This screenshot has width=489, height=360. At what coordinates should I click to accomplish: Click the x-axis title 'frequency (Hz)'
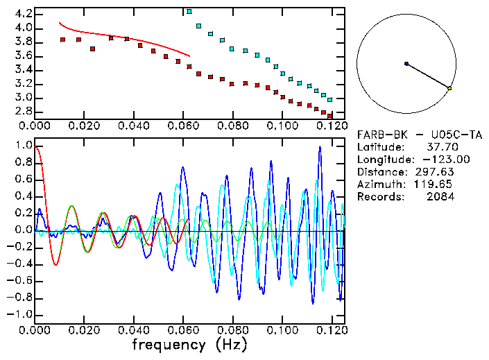tap(189, 345)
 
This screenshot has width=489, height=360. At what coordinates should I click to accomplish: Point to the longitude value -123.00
tap(434, 160)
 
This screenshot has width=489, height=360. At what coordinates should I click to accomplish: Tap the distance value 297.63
tap(437, 172)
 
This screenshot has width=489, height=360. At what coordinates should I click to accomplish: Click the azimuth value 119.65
tap(437, 185)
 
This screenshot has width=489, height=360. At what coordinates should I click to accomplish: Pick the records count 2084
tap(440, 197)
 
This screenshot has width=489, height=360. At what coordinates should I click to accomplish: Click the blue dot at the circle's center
tap(406, 64)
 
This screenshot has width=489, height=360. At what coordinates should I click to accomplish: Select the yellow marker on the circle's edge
tap(449, 88)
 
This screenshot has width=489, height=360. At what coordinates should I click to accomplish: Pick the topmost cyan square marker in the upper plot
tap(189, 12)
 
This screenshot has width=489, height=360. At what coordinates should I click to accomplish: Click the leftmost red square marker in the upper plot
tap(62, 40)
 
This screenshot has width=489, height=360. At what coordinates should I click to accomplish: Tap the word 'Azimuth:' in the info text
tap(379, 185)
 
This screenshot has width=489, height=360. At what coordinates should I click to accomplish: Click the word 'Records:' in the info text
tap(379, 197)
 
